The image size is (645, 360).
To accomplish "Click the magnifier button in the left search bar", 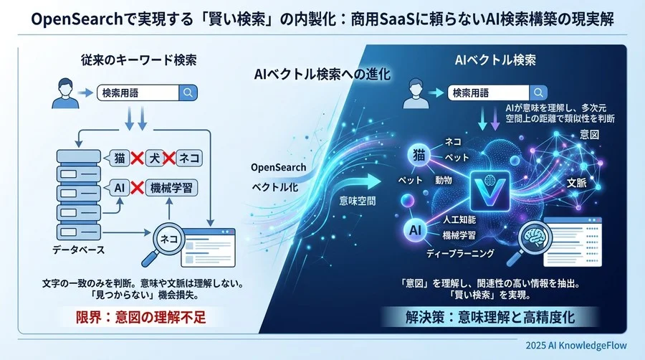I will point(188,92).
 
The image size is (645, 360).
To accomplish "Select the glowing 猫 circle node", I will point(419,153).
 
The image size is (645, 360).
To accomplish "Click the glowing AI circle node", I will point(416,229).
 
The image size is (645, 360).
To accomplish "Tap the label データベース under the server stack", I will point(79,250).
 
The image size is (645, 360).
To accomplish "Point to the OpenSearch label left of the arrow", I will point(279,168).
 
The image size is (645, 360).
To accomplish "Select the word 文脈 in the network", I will point(577,183).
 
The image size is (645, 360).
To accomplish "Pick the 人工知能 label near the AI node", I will point(458,221).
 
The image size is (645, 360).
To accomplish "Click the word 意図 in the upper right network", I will point(590,134).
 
